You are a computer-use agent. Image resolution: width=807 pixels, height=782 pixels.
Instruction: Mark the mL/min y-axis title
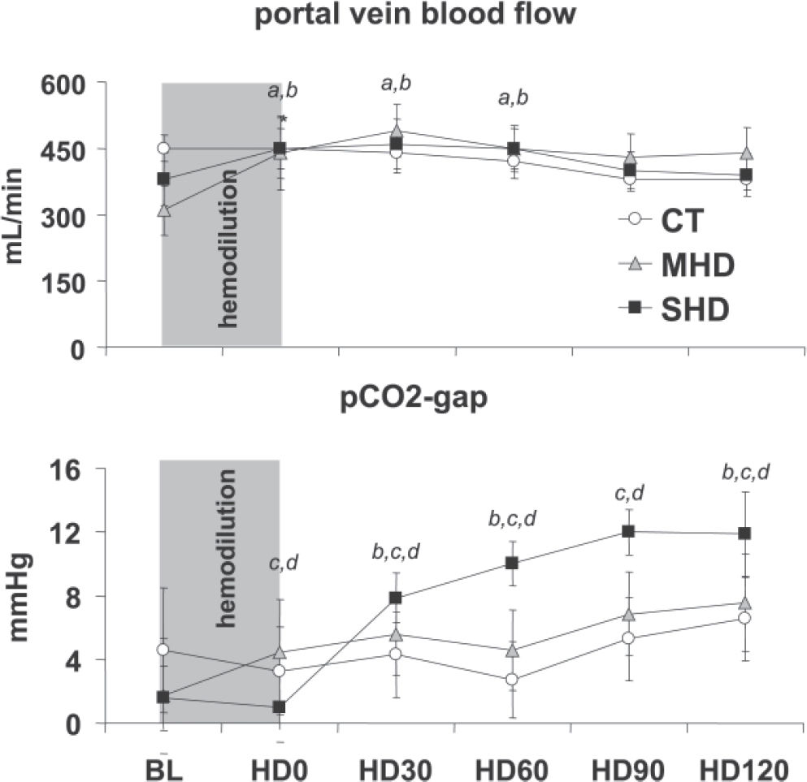(21, 215)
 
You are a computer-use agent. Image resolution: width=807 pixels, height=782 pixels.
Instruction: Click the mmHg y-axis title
(21, 597)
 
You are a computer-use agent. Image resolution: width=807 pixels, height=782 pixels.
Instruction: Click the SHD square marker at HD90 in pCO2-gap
(628, 532)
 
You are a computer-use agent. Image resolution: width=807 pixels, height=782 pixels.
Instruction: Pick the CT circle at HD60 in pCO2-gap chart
(512, 680)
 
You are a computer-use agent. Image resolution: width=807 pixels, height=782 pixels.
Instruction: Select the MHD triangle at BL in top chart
(163, 210)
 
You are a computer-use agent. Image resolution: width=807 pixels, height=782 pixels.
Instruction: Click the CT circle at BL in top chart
(163, 149)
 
